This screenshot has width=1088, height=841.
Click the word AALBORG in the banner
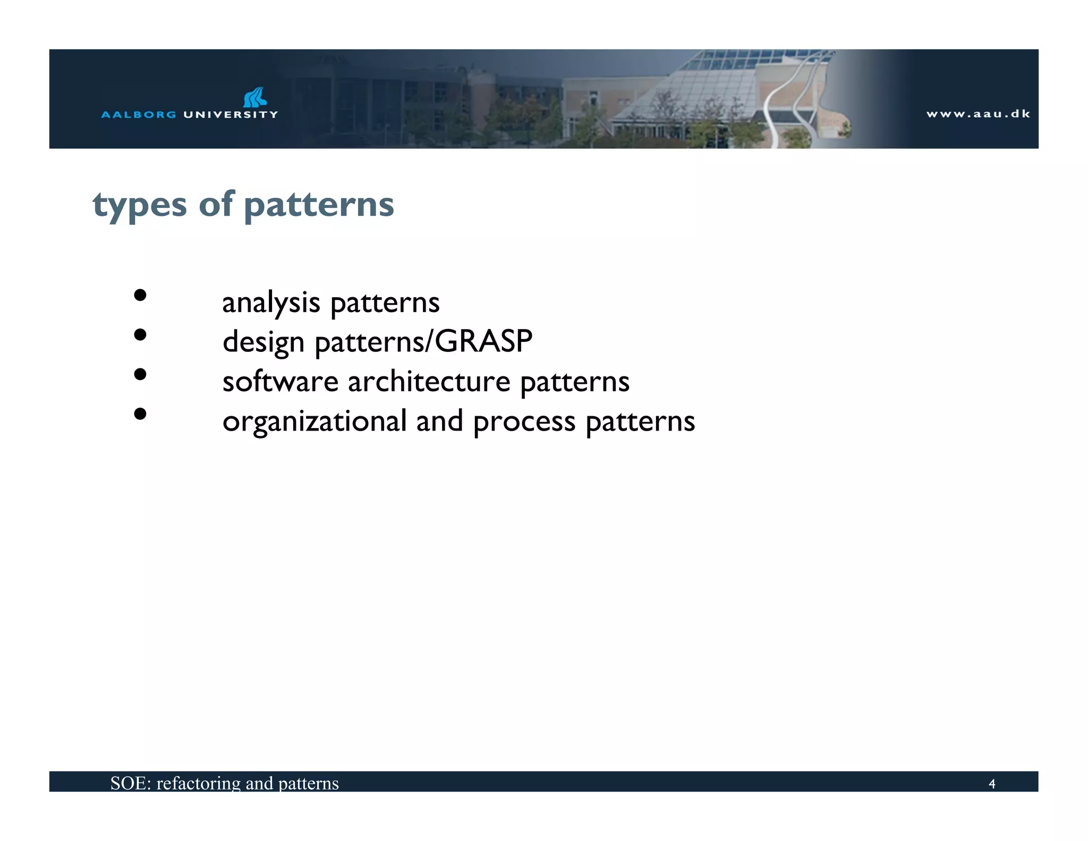138,114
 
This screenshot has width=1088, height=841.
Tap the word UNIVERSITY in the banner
230,114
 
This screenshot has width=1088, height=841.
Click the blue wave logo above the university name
255,97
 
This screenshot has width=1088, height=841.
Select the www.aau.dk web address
978,114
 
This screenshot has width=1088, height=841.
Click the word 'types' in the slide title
140,206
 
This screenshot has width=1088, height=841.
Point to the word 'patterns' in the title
319,205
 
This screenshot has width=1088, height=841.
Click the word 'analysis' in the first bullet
271,303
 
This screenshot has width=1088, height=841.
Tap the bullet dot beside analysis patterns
140,295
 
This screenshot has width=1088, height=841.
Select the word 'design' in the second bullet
263,342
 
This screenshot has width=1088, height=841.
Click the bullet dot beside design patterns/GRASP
140,334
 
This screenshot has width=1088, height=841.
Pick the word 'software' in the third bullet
280,382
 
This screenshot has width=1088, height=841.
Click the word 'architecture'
429,382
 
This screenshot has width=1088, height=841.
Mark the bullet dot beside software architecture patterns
140,374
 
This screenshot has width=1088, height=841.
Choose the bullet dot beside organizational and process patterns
140,414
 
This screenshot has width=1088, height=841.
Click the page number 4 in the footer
991,784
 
